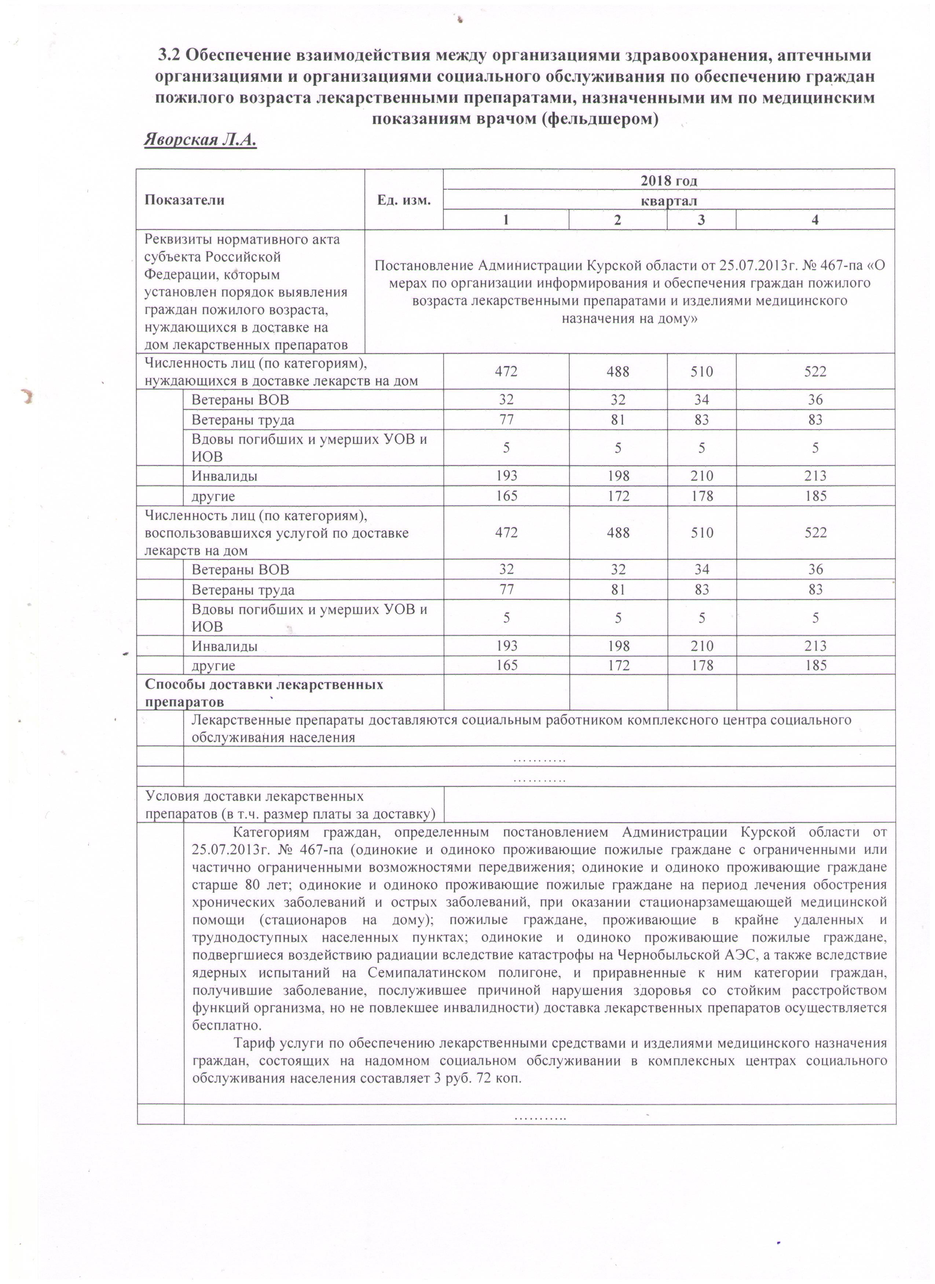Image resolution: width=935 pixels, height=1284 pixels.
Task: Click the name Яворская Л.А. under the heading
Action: point(200,140)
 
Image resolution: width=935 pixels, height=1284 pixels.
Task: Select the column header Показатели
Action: point(184,200)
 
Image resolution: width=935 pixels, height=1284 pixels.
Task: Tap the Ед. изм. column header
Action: point(404,200)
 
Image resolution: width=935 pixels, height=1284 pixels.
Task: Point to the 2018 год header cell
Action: point(668,180)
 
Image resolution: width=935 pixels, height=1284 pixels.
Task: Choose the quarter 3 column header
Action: point(701,220)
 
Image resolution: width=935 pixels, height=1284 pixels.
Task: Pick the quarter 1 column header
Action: point(506,220)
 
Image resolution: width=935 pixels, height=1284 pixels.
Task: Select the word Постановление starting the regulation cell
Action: point(425,266)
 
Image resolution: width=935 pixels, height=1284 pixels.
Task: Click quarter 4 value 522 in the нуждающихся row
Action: point(815,372)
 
